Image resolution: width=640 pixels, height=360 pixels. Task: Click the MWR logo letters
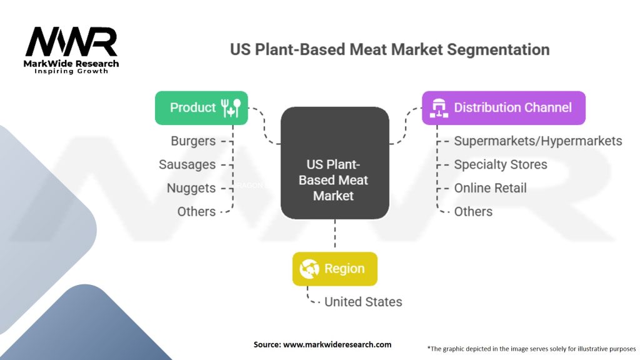click(x=71, y=42)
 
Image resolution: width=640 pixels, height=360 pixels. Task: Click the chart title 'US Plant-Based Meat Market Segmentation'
click(x=390, y=49)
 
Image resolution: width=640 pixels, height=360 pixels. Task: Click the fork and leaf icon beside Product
click(x=231, y=107)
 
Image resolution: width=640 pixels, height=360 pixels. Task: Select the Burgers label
click(x=193, y=141)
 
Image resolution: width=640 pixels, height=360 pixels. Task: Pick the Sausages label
click(x=187, y=165)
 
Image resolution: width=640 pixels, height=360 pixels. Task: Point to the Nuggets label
click(x=191, y=188)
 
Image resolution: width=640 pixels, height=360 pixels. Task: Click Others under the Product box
click(x=196, y=212)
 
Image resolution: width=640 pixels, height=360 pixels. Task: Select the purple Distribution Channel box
click(x=504, y=107)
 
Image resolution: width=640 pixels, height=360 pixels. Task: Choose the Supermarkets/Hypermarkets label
click(x=537, y=141)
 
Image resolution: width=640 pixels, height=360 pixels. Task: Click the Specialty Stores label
click(x=500, y=165)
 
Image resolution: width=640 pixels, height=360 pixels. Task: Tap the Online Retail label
click(x=490, y=188)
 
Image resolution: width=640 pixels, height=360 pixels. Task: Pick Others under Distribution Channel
click(x=473, y=212)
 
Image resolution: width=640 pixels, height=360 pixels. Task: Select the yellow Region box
click(x=335, y=269)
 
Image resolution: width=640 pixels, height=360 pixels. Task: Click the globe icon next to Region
click(x=309, y=269)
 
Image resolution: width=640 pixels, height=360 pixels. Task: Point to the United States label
click(x=362, y=302)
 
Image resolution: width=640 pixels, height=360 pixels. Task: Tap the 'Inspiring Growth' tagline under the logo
click(x=71, y=71)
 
